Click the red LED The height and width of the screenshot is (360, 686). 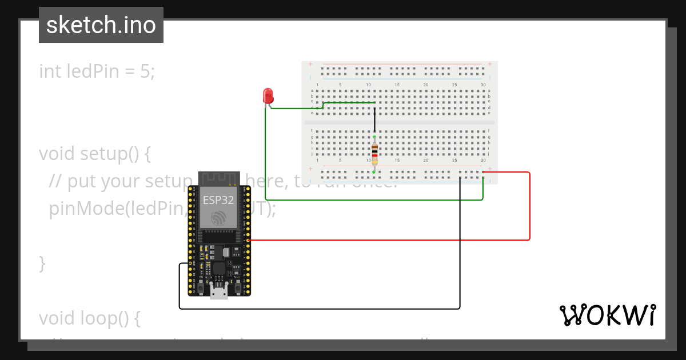268,96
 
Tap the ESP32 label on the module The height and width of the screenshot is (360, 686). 218,201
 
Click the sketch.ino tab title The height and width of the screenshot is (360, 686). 101,25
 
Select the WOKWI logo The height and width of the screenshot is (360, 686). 607,315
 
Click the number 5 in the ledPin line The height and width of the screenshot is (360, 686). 145,71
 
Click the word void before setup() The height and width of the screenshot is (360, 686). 57,154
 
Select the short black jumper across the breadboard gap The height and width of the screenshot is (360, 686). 374,121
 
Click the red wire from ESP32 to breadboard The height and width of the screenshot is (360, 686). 530,206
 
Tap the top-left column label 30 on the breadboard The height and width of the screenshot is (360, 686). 483,85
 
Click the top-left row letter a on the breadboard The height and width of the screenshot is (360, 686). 312,91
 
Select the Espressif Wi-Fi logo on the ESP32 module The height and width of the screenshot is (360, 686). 218,218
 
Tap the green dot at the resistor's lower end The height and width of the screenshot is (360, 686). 374,171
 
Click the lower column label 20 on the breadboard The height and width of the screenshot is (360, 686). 426,161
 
